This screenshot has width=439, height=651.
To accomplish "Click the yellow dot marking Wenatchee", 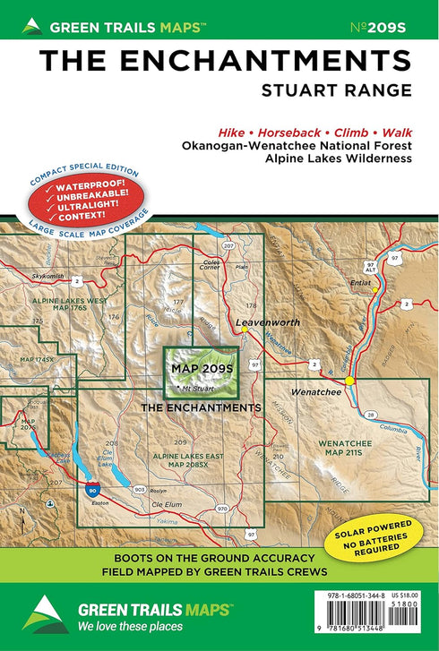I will (350, 381).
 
